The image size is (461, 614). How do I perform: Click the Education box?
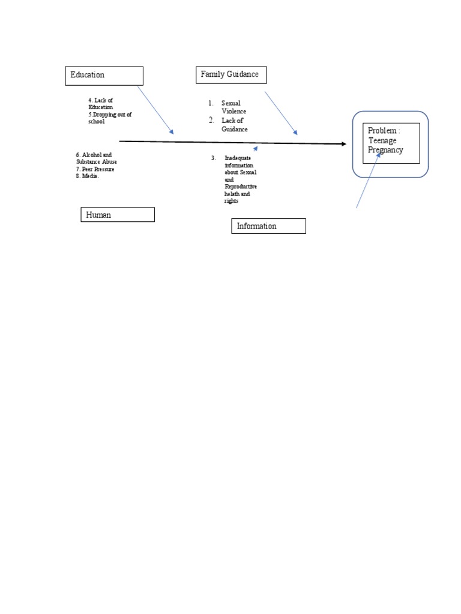point(104,76)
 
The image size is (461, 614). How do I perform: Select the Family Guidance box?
point(231,75)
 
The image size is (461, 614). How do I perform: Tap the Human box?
point(118,215)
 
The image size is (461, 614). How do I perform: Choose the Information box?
point(268,226)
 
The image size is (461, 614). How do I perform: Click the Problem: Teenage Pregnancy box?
point(391,143)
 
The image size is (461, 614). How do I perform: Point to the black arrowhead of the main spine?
point(344,144)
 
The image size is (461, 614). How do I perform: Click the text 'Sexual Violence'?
point(234,107)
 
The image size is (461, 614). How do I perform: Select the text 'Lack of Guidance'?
point(234,125)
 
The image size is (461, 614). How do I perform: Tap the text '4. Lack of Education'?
point(101,104)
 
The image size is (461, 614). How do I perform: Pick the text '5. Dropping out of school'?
point(109,118)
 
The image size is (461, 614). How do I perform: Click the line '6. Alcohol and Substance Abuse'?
point(97,158)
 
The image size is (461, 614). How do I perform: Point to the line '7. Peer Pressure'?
point(95,169)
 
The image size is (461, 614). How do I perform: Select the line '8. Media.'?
point(88,176)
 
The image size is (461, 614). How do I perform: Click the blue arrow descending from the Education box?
point(155,110)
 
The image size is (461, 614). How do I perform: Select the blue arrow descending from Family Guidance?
point(281,113)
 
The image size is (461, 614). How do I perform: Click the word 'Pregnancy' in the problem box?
point(385,150)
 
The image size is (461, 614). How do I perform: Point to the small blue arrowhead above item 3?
point(256,147)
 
